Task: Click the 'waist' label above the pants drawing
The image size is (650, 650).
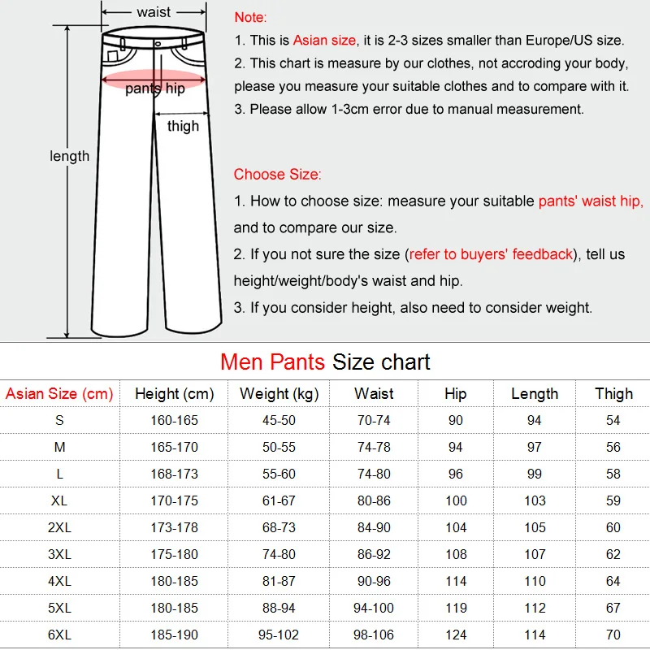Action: [x=154, y=12]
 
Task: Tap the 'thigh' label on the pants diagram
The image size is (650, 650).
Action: [x=183, y=126]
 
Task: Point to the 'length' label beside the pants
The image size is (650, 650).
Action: [x=70, y=156]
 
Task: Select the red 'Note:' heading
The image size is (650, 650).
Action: [x=250, y=17]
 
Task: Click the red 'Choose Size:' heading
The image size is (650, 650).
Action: [x=277, y=174]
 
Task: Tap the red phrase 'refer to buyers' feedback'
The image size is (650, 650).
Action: [x=491, y=254]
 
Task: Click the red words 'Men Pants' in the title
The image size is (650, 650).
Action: [x=273, y=362]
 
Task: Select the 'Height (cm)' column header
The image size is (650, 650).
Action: [x=174, y=394]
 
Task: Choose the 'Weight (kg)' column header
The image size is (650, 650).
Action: [x=279, y=394]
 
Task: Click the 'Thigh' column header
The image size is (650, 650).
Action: [x=613, y=394]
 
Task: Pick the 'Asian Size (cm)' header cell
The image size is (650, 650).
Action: [x=59, y=394]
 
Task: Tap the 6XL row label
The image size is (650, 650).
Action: [x=59, y=635]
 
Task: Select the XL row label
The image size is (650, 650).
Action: [x=59, y=500]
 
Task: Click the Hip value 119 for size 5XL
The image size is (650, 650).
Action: [x=456, y=608]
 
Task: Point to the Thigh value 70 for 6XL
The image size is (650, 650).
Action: [x=613, y=635]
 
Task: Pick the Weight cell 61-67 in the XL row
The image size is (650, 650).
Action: [x=279, y=500]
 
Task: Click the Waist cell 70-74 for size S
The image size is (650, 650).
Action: [x=374, y=421]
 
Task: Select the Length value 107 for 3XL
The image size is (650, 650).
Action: [x=535, y=554]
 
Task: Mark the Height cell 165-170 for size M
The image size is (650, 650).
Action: [x=174, y=448]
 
